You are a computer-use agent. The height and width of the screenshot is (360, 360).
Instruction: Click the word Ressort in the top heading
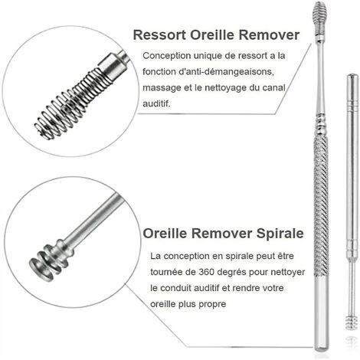tap(159, 34)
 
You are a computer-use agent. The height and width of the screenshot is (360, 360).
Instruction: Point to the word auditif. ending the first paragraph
tap(156, 103)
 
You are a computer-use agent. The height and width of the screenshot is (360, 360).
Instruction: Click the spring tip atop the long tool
tap(319, 18)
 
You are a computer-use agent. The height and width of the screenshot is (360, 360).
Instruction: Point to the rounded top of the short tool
tap(352, 77)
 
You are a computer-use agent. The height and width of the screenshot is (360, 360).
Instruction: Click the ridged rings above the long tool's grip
tap(321, 125)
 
